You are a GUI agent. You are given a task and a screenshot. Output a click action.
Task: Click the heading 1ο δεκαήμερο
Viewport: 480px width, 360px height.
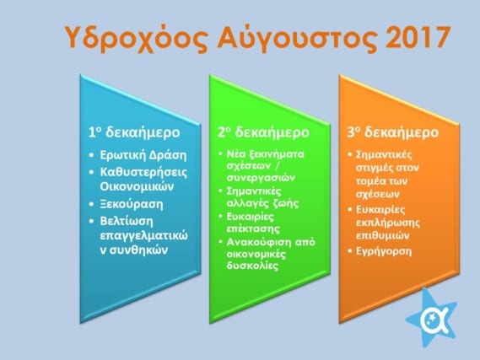coord(134,132)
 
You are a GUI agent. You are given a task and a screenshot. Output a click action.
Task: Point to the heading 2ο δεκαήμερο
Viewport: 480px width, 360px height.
coord(263,132)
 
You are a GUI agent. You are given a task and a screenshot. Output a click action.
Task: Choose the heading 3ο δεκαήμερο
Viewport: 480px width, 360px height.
coord(393,132)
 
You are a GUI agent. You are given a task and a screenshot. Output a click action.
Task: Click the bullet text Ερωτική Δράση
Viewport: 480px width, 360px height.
coord(143,155)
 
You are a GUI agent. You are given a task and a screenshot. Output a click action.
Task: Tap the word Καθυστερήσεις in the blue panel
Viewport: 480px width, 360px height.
coord(144,173)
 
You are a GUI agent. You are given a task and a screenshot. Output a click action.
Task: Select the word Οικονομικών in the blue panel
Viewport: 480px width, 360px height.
coord(137,186)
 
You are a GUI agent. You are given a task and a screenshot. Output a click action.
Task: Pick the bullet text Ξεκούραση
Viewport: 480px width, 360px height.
coord(132,204)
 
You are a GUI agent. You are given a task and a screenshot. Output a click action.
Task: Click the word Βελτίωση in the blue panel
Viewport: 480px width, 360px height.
coord(127,221)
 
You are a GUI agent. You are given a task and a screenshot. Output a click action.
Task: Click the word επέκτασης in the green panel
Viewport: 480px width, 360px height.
coord(253,228)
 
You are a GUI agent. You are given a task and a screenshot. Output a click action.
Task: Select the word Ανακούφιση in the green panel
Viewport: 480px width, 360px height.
coord(259,242)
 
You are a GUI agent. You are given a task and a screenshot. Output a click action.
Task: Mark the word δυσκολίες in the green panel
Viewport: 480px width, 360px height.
coord(252,266)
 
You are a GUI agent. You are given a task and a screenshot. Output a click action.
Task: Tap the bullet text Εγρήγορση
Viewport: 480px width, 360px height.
coord(384,252)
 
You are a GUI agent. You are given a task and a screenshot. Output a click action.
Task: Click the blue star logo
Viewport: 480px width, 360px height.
coord(432,319)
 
